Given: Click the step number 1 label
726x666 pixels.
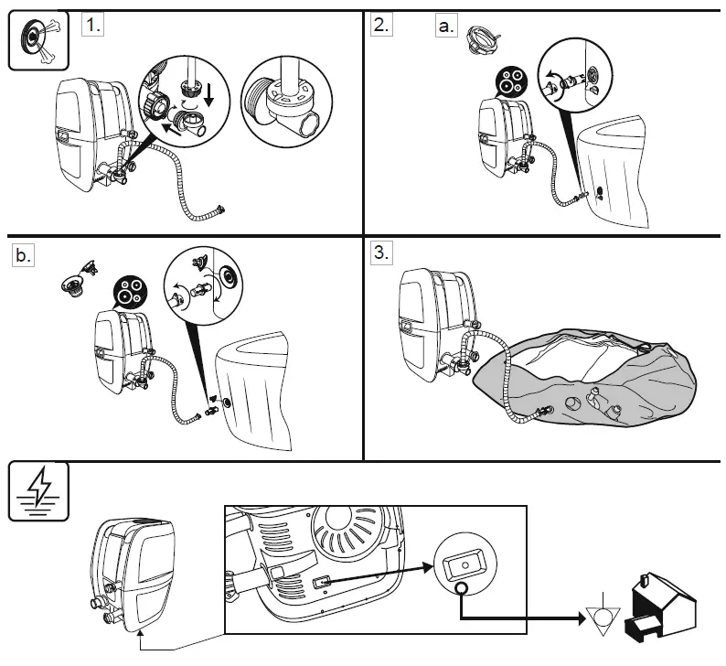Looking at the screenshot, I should coord(92,25).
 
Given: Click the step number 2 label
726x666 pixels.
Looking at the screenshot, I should coord(380,25).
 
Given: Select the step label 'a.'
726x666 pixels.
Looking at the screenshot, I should coord(445,26).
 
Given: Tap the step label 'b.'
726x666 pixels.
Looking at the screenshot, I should coord(23,256).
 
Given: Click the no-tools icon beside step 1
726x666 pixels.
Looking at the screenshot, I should coord(32,40).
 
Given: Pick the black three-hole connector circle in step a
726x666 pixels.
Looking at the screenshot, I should coord(508,81).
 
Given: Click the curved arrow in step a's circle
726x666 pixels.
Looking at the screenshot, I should coord(550,81).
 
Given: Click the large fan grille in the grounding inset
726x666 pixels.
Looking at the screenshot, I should coord(347,536).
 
